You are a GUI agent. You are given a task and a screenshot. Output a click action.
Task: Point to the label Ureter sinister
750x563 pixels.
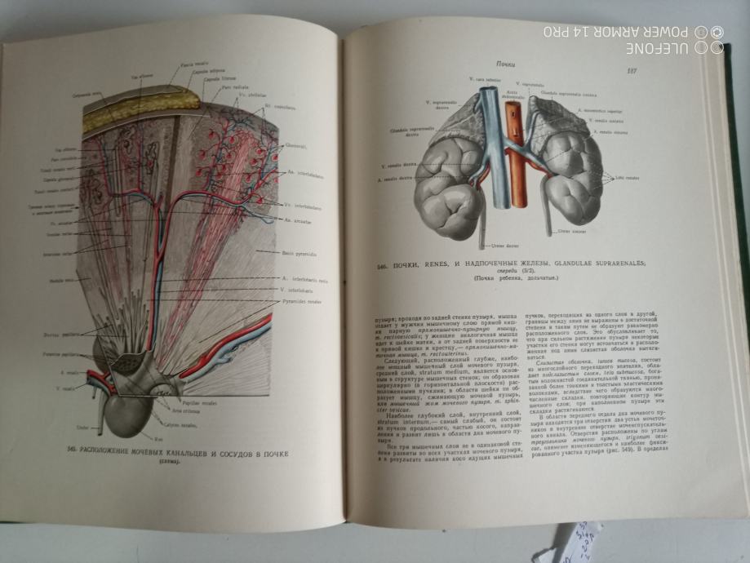tap(573, 233)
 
